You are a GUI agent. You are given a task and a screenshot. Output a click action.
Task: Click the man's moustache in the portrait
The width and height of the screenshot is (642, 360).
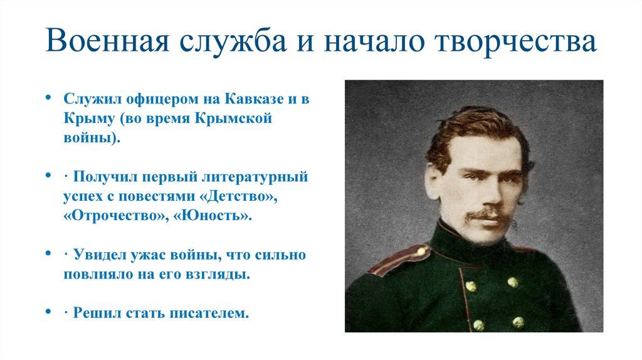(487, 214)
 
